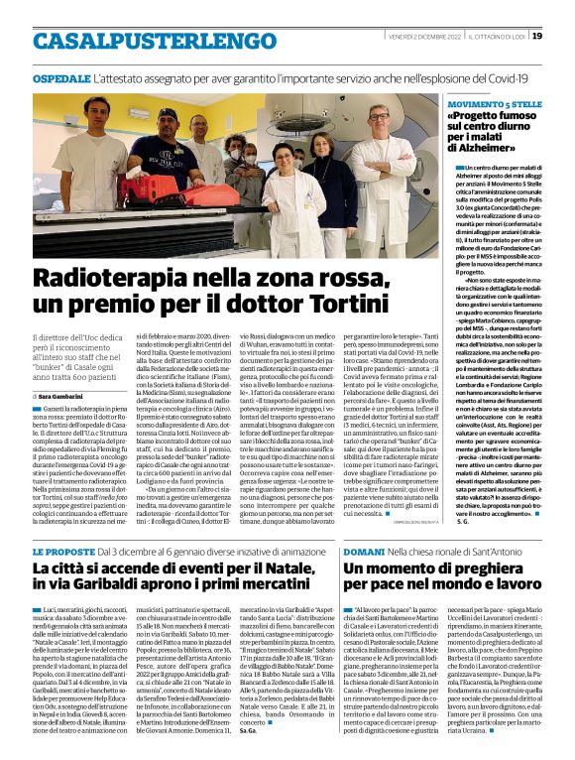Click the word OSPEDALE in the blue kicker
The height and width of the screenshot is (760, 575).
[x=61, y=77]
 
